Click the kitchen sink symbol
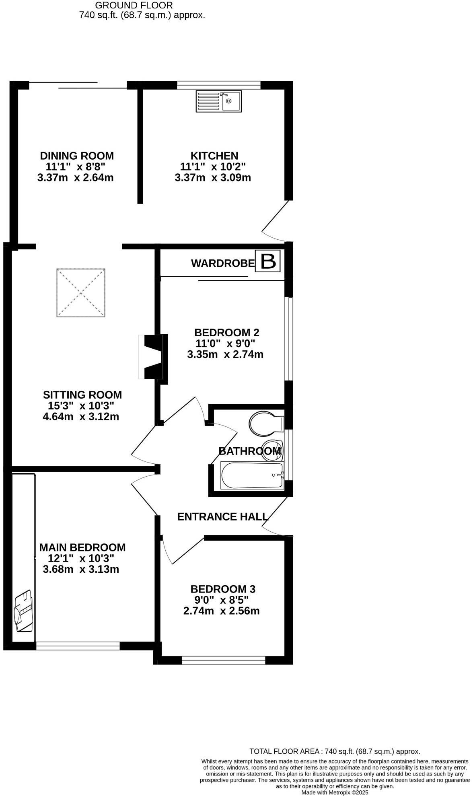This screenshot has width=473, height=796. [218, 101]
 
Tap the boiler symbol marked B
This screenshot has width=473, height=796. [268, 261]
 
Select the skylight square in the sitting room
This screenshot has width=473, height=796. [81, 293]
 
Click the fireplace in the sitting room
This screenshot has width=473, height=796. [152, 357]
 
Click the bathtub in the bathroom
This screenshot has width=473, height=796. [252, 475]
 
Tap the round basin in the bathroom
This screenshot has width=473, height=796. [273, 450]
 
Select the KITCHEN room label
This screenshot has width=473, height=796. [214, 156]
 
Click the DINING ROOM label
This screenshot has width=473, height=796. [77, 156]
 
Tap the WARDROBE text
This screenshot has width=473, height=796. [223, 263]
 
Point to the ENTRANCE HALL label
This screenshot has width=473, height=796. [222, 516]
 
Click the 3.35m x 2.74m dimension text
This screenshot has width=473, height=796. [225, 354]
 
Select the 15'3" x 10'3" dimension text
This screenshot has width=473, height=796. [81, 405]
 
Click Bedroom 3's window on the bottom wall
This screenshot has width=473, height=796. [223, 660]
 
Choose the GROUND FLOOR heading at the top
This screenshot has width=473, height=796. [134, 5]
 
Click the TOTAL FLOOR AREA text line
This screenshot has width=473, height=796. [335, 751]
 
